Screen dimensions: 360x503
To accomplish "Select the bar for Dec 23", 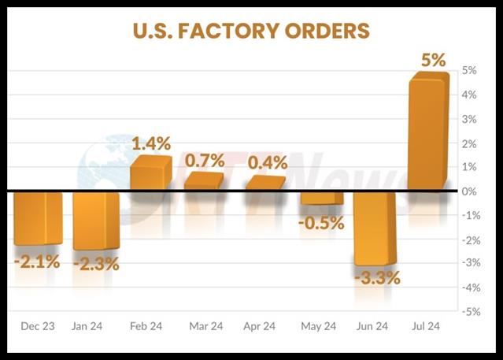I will pos(38,217).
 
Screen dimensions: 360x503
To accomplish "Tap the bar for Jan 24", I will pos(95,221).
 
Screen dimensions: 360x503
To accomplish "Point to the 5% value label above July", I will pos(433,60).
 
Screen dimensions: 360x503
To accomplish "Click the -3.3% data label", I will pos(376,278).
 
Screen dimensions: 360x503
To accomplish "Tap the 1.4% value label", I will pos(150,143).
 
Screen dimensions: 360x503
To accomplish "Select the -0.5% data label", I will pos(321,223).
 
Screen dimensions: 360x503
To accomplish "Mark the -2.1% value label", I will pos(36,261).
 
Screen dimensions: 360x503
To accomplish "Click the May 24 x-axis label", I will pos(318,325).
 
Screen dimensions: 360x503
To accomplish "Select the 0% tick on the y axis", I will pos(469,191).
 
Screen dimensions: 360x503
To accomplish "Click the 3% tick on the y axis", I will pos(469,119).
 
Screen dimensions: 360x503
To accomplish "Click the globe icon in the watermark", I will pos(110,169).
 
